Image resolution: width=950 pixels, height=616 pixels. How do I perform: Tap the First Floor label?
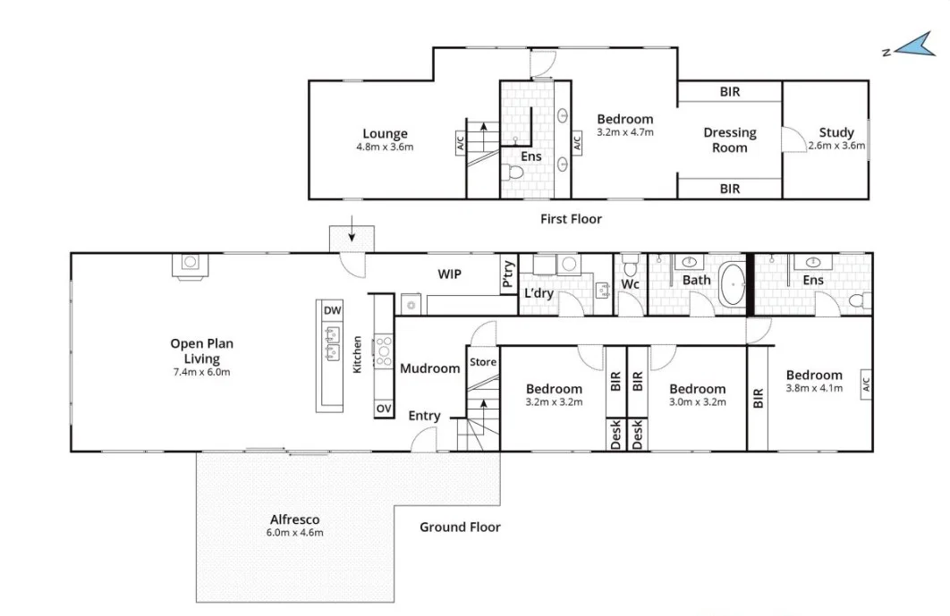571,219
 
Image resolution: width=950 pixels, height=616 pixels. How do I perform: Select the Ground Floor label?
460,527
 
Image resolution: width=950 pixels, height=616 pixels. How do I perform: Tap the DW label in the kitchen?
332,310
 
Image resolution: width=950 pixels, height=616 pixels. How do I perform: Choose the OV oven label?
384,408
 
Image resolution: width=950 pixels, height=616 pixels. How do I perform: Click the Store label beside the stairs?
482,363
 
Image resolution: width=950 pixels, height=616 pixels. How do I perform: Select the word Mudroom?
429,368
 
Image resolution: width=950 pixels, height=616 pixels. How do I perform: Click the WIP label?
449,274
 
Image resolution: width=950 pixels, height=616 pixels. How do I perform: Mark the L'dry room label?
539,293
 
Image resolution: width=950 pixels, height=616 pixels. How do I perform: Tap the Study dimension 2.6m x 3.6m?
836,146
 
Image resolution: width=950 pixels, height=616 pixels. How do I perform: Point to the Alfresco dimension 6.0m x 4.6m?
294,533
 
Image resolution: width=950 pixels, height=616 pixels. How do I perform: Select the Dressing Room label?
729,139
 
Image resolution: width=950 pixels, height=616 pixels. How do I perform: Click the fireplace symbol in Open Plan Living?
189,263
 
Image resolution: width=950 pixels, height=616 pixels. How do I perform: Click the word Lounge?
385,134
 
